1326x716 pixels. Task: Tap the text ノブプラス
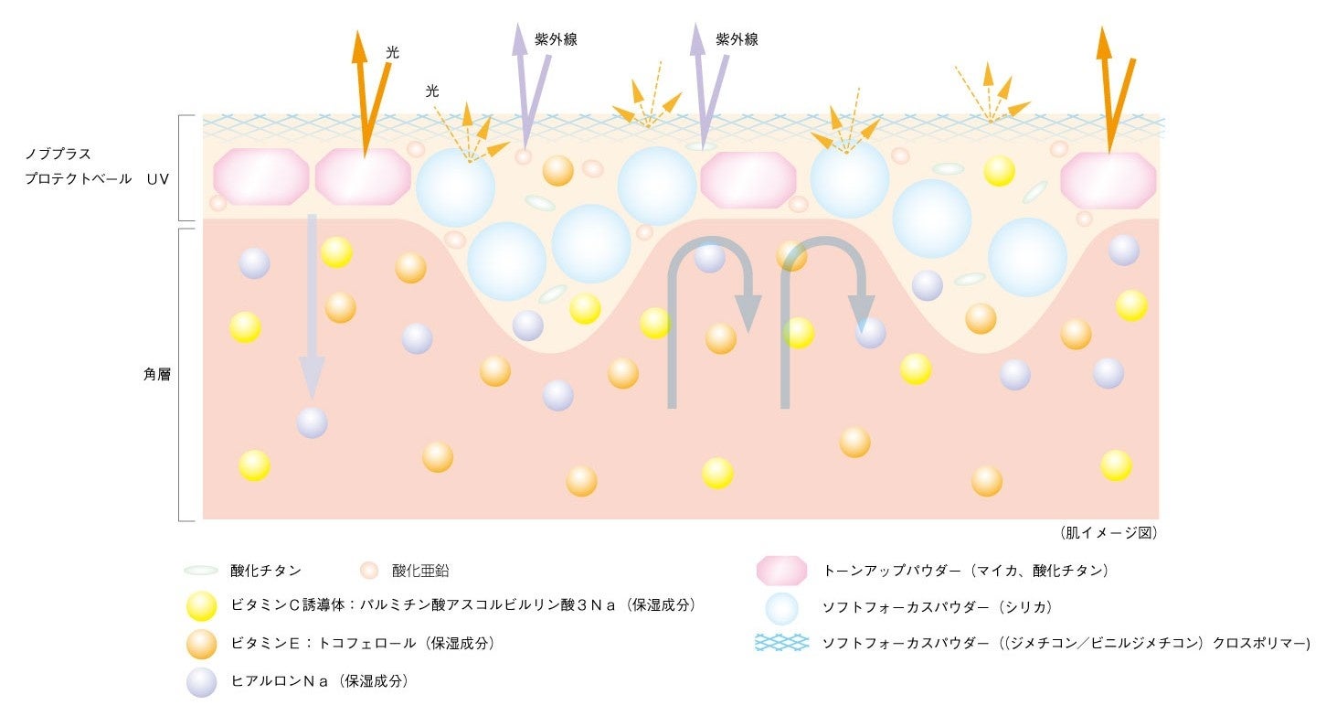point(58,154)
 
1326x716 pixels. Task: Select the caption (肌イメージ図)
point(1109,532)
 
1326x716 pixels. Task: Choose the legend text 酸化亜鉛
point(420,571)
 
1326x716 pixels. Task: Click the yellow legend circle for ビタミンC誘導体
point(200,606)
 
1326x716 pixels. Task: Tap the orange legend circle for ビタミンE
point(200,644)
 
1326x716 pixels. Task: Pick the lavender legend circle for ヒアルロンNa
point(200,681)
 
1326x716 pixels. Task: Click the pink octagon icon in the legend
point(781,571)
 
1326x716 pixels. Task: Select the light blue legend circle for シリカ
point(782,607)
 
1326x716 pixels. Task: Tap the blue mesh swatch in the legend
point(782,643)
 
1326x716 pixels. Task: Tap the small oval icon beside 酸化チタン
point(200,571)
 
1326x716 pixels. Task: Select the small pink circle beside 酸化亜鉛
point(368,571)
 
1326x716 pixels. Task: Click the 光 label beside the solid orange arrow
point(392,53)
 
